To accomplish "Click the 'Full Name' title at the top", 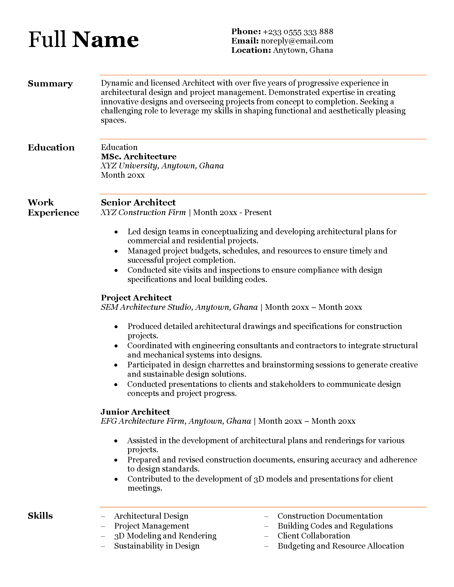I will [83, 40].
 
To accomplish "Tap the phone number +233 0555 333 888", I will [298, 32].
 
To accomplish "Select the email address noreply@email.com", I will [297, 41].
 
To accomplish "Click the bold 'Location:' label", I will [251, 50].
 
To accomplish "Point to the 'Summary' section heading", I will [50, 84].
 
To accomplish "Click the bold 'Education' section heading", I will [51, 148].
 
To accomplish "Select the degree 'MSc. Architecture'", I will [139, 156].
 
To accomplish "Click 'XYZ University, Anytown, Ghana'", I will [162, 166].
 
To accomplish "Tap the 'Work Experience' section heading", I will [53, 208].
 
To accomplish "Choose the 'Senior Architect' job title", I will [138, 203].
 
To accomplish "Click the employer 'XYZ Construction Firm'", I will [143, 212].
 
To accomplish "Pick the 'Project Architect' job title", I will [136, 298].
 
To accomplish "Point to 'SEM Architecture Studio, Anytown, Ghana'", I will [179, 307].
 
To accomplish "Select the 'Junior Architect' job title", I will [135, 412].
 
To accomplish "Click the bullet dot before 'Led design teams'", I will [116, 232].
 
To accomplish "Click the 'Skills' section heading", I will [40, 516].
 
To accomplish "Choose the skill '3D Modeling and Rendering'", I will [165, 536].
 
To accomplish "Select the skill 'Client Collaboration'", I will [314, 536].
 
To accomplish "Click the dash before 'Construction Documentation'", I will [267, 516].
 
